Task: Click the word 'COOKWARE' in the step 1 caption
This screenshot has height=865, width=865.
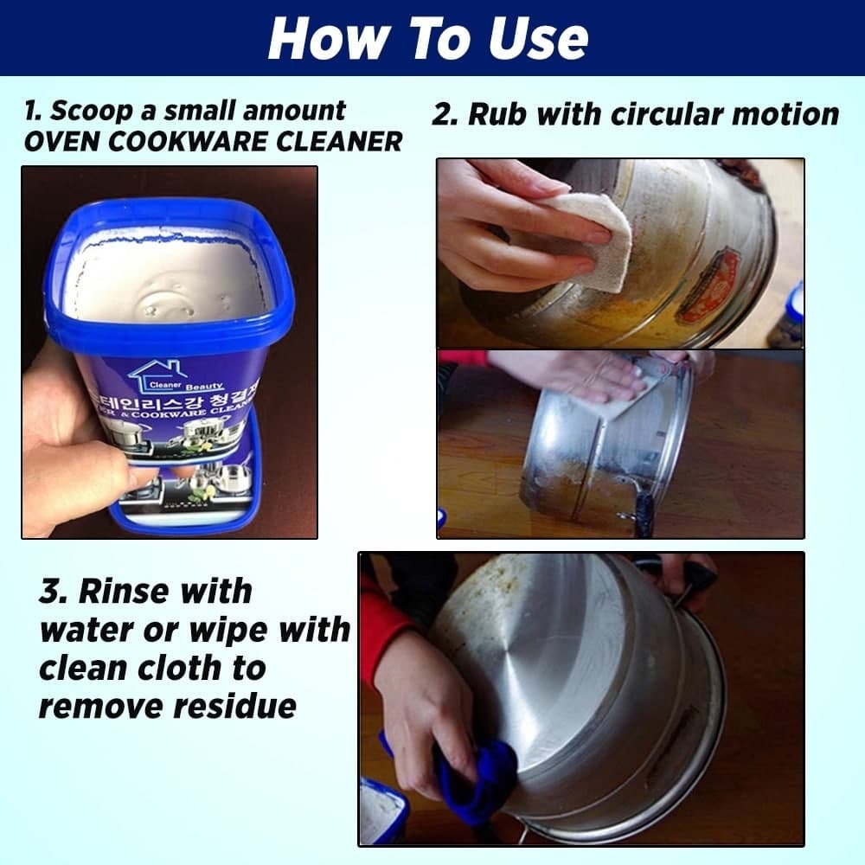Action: (185, 141)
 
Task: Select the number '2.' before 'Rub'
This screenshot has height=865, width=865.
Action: (445, 114)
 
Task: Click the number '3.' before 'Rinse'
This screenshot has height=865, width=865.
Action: (54, 593)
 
